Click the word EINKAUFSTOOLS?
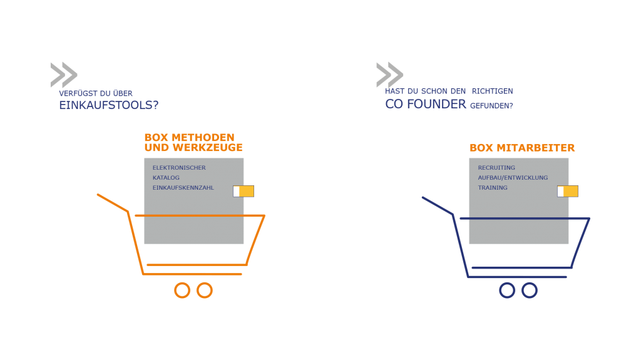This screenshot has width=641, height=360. point(109,105)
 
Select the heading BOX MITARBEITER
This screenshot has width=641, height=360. point(522,148)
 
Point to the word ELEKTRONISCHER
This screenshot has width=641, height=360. point(179,168)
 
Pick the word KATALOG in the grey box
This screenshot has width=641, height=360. point(166,178)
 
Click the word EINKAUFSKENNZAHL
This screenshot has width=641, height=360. point(183,188)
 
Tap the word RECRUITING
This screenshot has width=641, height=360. point(496,168)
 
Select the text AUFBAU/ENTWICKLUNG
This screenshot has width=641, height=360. point(513,178)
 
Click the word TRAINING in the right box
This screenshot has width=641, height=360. point(493,188)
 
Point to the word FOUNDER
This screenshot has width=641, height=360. point(436,104)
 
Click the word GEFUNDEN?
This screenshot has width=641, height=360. point(491,106)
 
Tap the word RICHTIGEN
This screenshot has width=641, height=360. point(492,91)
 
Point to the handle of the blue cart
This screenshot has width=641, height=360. point(438,206)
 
